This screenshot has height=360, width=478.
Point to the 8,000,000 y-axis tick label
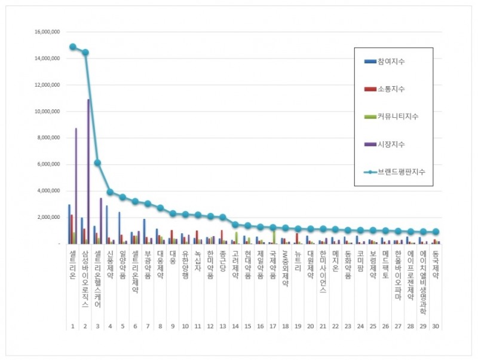(x=48, y=138)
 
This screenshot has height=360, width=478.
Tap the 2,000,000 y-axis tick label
(x=48, y=217)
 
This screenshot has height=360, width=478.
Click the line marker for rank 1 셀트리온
(x=73, y=47)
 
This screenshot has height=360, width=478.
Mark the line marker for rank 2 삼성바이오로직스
(x=85, y=52)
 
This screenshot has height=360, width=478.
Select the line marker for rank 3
(x=98, y=163)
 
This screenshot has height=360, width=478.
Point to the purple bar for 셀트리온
(x=76, y=185)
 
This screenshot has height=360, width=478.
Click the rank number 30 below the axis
(x=436, y=326)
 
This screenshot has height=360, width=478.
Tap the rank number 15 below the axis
(x=248, y=326)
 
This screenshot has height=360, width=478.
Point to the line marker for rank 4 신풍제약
(x=111, y=192)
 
